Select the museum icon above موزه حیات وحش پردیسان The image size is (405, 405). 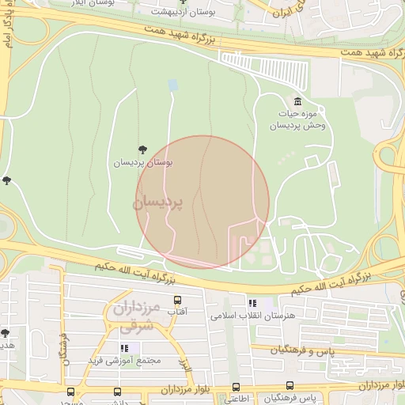(297, 102)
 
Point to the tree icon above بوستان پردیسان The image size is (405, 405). (142, 149)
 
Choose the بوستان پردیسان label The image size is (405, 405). (142, 162)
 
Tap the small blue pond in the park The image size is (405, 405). (172, 85)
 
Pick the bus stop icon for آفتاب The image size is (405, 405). (177, 301)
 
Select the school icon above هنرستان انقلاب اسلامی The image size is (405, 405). (252, 302)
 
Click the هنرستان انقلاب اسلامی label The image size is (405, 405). (252, 315)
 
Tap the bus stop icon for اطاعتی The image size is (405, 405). (236, 387)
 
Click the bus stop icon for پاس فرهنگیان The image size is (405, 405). (290, 386)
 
